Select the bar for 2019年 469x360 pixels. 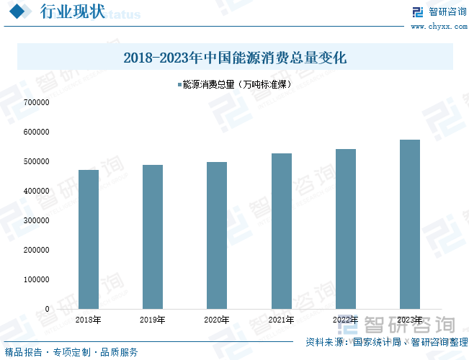click(153, 237)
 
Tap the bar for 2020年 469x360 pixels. click(217, 235)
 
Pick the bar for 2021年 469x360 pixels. click(281, 231)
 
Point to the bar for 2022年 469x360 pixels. click(346, 229)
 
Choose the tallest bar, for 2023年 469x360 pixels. click(410, 224)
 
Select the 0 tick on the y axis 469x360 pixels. click(47, 309)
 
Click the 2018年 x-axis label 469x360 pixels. click(89, 320)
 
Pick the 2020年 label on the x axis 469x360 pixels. click(217, 320)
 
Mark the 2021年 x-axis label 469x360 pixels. click(281, 320)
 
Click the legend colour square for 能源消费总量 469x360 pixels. click(179, 85)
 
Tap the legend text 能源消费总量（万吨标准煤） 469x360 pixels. click(237, 85)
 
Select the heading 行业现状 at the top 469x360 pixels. click(71, 12)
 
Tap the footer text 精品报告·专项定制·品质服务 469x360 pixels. click(70, 352)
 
